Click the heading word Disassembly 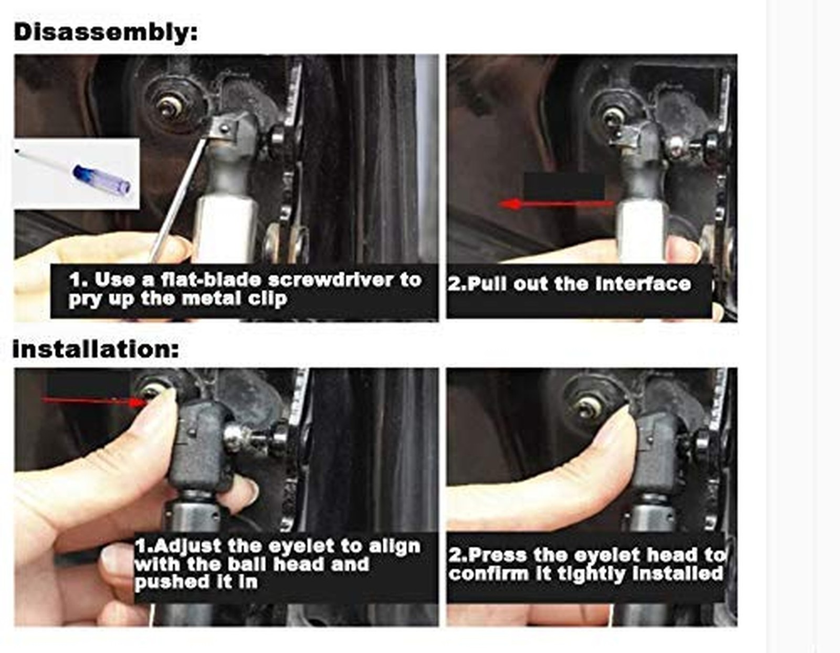(x=105, y=32)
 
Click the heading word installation (x=96, y=349)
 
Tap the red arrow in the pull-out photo (x=556, y=204)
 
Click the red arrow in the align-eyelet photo (x=94, y=401)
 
